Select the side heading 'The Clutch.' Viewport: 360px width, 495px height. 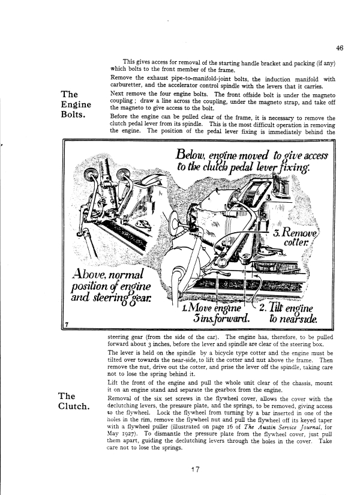coord(75,401)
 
